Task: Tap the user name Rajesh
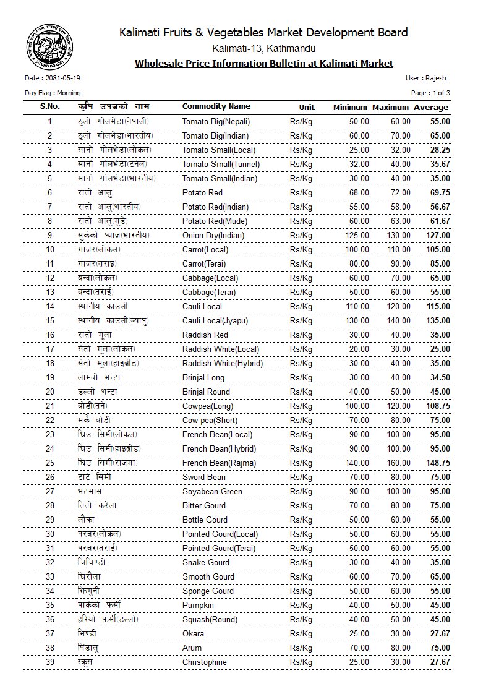coord(436,79)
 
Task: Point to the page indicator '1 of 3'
coord(440,93)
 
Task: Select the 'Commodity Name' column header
coord(216,107)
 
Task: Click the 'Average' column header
coord(432,108)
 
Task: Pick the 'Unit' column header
coord(307,108)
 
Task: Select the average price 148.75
coord(438,463)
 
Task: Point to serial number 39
coord(50,662)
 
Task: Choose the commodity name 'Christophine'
coord(205,662)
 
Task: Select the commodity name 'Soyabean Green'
coord(212,492)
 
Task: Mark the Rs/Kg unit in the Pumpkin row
coord(301,606)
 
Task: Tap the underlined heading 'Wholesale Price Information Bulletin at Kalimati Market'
coord(263,64)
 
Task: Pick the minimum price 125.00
coord(356,236)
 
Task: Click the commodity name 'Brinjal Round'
coord(207,392)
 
